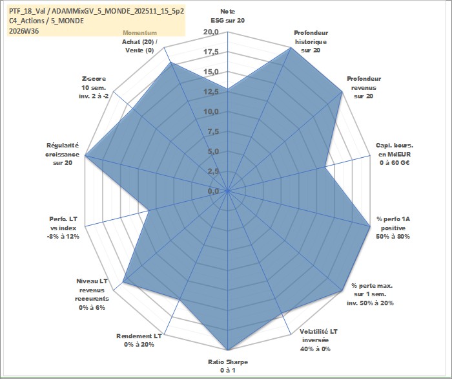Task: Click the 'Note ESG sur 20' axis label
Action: pos(228,16)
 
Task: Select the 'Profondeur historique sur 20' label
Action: pos(311,41)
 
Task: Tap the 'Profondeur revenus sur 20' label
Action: pos(364,87)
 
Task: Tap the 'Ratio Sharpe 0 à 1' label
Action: pos(228,366)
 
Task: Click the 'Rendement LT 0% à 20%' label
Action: pos(139,340)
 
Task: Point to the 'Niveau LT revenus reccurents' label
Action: pos(92,294)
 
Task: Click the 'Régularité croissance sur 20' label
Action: pos(62,154)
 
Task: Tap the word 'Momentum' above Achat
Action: pos(140,33)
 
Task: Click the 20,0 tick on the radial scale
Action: pos(211,32)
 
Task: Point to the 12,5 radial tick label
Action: pos(211,92)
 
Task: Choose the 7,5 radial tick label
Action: pos(213,132)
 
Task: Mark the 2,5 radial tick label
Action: pos(213,171)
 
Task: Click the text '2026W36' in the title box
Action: pos(24,31)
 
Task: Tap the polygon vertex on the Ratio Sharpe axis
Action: pos(228,350)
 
